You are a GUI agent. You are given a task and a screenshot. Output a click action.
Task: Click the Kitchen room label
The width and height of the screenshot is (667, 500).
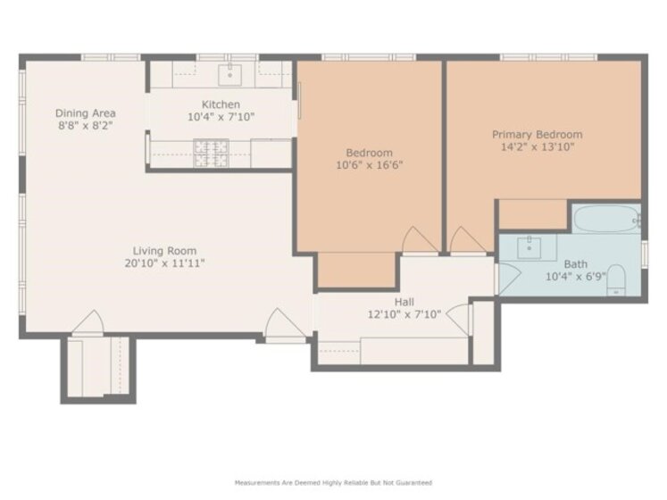tap(221, 104)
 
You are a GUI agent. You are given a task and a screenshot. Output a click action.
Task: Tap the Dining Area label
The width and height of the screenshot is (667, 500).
tap(86, 113)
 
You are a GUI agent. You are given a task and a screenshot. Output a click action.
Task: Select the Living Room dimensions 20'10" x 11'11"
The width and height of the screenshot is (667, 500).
tap(164, 263)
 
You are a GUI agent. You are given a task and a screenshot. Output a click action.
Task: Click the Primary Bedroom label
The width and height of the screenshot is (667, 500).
tap(538, 135)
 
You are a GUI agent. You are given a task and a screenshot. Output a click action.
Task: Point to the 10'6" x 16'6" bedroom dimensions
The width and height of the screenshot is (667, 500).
tap(370, 165)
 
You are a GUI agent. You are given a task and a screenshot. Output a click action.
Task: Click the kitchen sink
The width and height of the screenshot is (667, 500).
tap(229, 75)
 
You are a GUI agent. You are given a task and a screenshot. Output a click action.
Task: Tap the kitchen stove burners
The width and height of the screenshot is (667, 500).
tap(212, 154)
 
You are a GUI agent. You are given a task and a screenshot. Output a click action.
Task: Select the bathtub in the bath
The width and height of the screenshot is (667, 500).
tap(606, 219)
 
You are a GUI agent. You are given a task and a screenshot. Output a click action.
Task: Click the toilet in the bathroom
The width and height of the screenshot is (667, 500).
tap(616, 279)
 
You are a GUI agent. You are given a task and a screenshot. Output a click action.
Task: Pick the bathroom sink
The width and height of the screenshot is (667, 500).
tap(529, 247)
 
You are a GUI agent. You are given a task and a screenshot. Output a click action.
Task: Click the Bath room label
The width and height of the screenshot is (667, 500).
tap(576, 264)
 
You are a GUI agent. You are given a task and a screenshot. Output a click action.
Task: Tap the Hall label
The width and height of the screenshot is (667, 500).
tap(404, 302)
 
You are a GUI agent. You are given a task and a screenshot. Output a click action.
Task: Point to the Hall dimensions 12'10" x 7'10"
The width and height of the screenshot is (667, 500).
tap(404, 314)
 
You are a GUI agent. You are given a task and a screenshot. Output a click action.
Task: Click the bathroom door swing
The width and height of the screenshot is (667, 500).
tap(509, 279)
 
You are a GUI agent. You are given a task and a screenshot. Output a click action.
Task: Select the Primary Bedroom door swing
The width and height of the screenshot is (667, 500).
tap(468, 239)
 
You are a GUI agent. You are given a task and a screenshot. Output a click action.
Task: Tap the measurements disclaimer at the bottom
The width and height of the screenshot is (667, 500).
tap(334, 482)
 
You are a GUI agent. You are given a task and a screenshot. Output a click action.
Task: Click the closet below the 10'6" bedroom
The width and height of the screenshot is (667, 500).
tap(356, 270)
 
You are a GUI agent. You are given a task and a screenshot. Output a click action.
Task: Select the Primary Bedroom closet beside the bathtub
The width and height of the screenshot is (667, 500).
tap(533, 214)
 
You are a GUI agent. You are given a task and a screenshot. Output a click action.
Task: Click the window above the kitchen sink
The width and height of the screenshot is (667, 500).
tap(227, 57)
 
